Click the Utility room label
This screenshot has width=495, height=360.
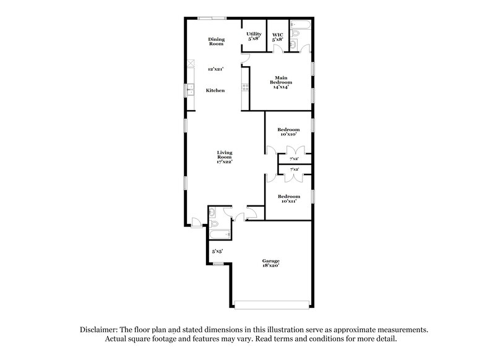click(x=254, y=33)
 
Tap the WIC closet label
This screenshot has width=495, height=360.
click(x=278, y=33)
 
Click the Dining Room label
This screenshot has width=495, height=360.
click(x=216, y=41)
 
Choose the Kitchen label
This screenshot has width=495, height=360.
click(x=215, y=91)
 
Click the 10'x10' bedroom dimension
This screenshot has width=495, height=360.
click(x=288, y=134)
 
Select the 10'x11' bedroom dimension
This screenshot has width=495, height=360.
click(x=288, y=200)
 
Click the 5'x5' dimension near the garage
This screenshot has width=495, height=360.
click(x=217, y=252)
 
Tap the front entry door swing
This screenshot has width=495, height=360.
click(x=196, y=221)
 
